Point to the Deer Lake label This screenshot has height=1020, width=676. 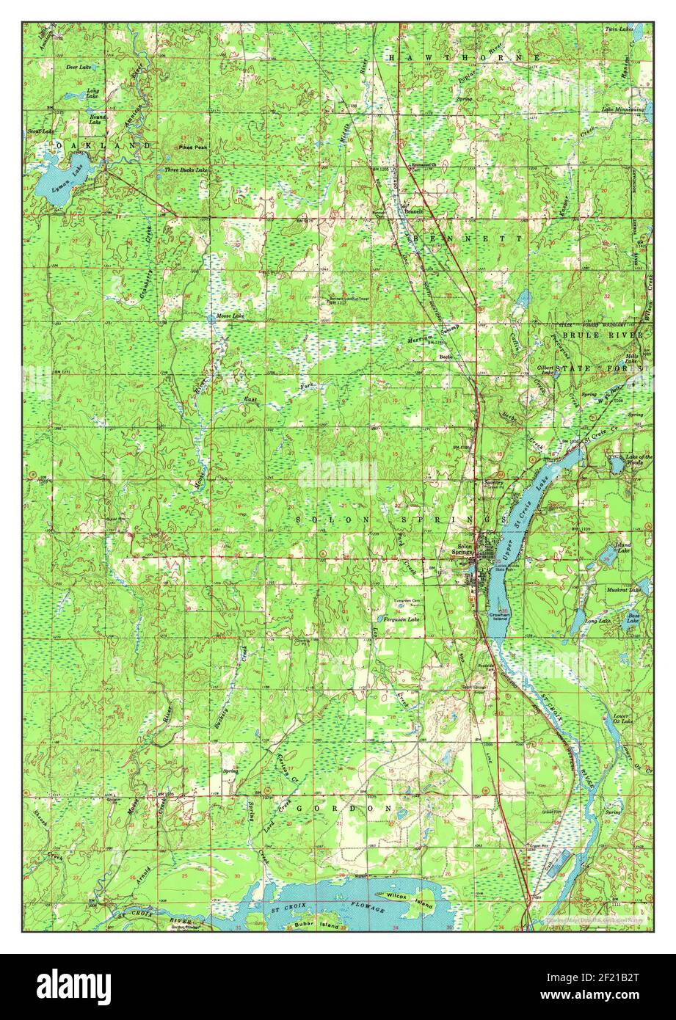[77, 67]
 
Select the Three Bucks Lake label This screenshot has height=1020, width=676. [186, 170]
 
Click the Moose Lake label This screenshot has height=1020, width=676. [225, 316]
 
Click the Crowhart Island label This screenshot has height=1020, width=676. [501, 617]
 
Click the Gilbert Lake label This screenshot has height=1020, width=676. [545, 369]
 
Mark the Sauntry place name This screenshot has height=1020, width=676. [493, 482]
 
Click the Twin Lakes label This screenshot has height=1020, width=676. [619, 29]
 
